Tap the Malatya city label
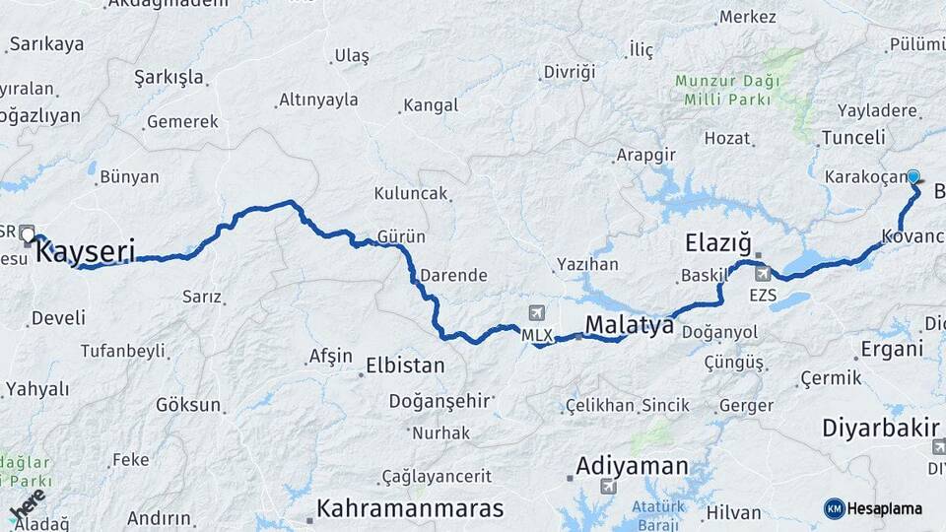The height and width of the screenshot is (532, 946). coord(629,324)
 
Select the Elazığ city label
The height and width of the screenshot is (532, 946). coord(718,242)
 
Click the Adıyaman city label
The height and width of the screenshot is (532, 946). coord(632,465)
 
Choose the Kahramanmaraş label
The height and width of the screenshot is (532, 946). coord(409,508)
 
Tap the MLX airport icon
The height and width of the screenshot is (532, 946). coord(536,314)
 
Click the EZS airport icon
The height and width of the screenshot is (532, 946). coord(763,273)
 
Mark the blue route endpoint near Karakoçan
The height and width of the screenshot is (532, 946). coord(913,177)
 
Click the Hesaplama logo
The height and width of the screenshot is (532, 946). coord(873,508)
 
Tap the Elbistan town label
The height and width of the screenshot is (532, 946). coord(405,366)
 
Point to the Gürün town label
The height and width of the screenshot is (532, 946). coord(401,236)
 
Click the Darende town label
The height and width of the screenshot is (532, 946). coord(453,275)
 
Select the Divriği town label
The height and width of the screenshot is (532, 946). coord(571,72)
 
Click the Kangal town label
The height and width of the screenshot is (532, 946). coord(431,105)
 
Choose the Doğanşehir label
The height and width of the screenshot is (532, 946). coord(439,401)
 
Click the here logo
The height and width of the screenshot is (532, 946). coord(27,504)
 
